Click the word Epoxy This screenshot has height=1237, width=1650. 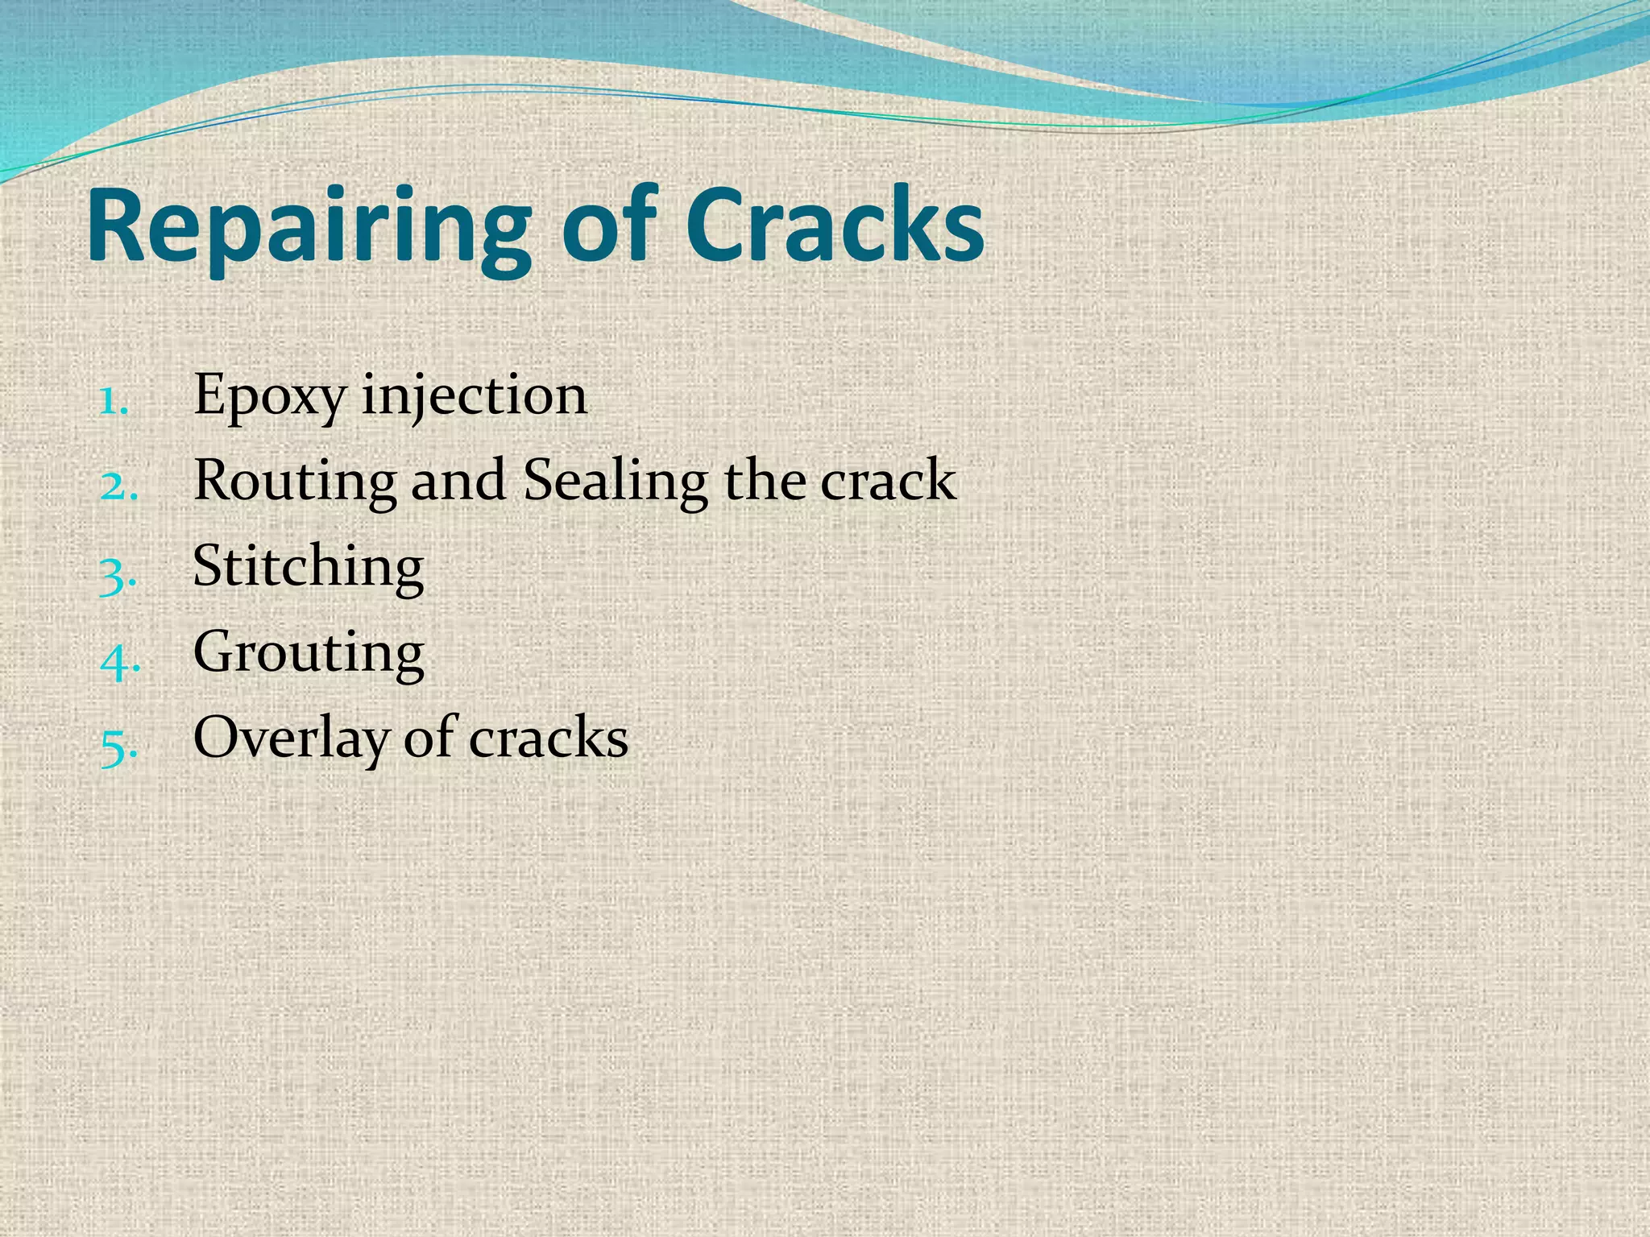pyautogui.click(x=270, y=396)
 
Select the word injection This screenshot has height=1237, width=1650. pyautogui.click(x=475, y=396)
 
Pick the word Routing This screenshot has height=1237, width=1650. pyautogui.click(x=295, y=482)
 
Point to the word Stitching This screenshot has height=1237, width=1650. pyautogui.click(x=309, y=567)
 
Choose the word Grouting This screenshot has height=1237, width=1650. pyautogui.click(x=309, y=652)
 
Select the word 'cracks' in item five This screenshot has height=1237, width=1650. pyautogui.click(x=548, y=738)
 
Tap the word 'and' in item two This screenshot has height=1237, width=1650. pyautogui.click(x=458, y=482)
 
